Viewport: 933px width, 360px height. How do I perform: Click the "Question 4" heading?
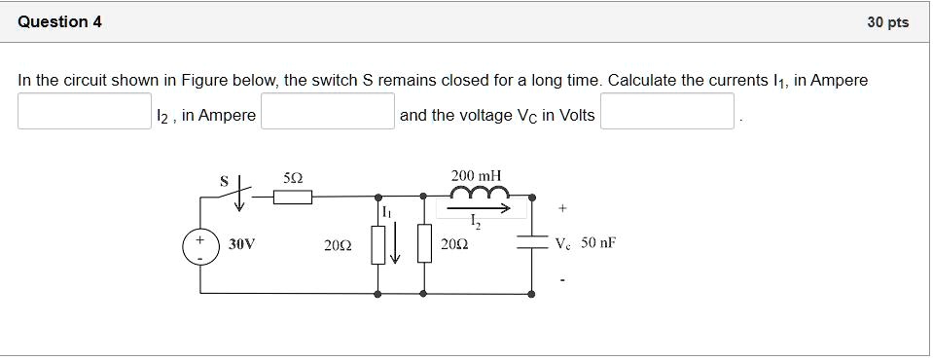[59, 21]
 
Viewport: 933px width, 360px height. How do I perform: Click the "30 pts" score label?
[887, 22]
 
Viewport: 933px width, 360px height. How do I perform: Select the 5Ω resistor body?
[292, 198]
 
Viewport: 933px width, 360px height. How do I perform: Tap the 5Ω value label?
[292, 178]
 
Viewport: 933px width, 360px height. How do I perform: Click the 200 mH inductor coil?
[477, 193]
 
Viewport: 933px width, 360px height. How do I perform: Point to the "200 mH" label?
[477, 175]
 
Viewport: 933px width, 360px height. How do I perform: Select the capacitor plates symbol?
[532, 244]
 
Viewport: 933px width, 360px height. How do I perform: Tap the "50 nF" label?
[598, 243]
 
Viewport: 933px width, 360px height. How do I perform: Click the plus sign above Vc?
[562, 207]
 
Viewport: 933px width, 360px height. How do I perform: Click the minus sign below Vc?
[562, 283]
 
